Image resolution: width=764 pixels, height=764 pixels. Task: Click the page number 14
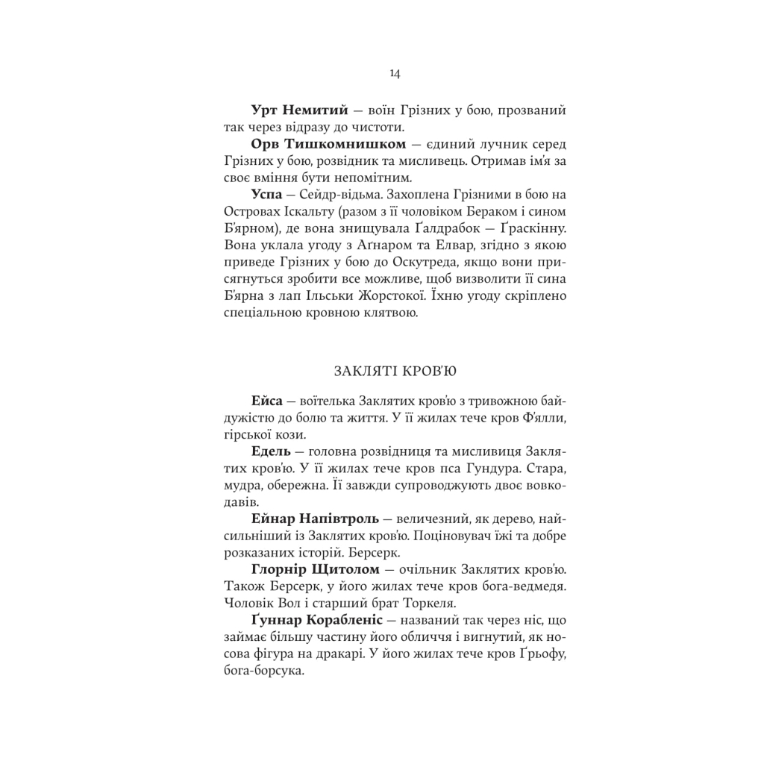pos(395,73)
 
